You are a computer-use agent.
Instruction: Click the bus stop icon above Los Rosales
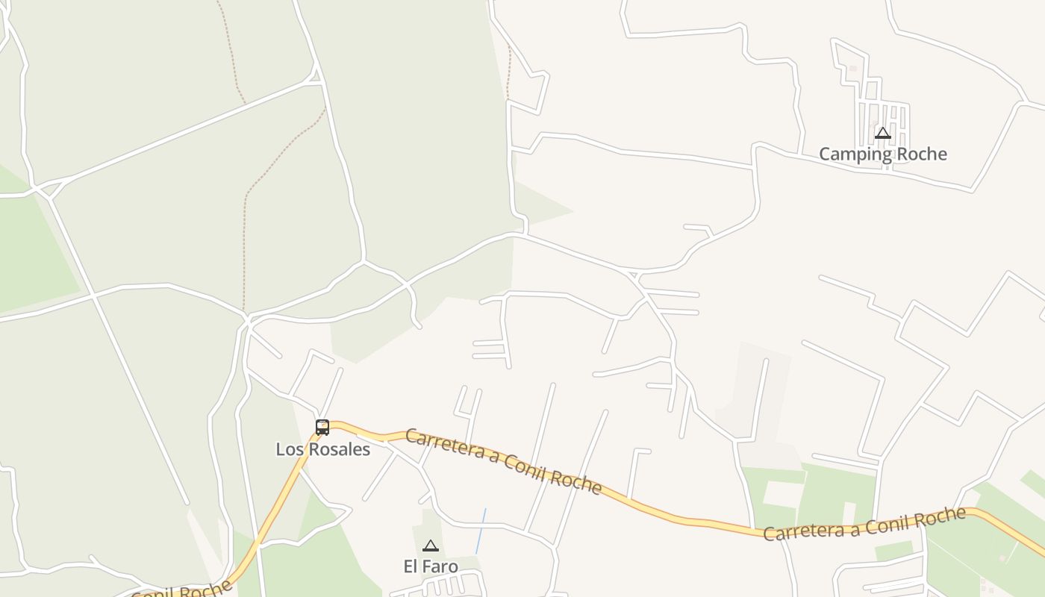click(322, 428)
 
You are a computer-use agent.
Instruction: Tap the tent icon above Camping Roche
click(883, 134)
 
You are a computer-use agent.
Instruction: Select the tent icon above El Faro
click(430, 546)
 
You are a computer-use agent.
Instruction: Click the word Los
click(289, 449)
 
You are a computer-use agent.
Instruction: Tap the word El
click(411, 566)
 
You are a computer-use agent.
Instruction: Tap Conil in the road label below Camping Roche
click(888, 522)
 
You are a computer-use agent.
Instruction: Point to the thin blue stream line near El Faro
click(481, 531)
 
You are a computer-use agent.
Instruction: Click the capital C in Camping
click(825, 154)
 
